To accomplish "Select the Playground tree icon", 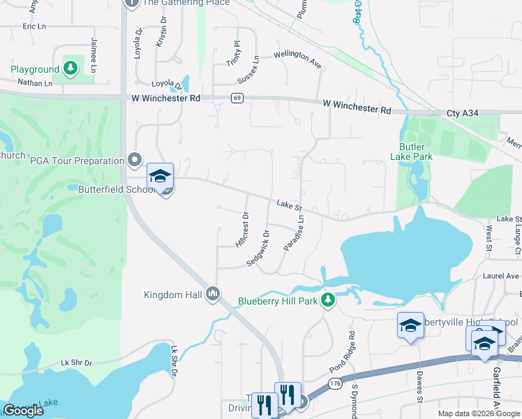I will point(69,68).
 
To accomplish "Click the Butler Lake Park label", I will point(416,152).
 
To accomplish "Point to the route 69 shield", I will point(238,98).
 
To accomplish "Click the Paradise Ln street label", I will point(294,233).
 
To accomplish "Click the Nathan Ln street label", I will point(36,83).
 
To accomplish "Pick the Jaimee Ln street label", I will point(93,55).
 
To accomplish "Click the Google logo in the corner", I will point(23,411).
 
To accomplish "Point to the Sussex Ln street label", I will point(248,68).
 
